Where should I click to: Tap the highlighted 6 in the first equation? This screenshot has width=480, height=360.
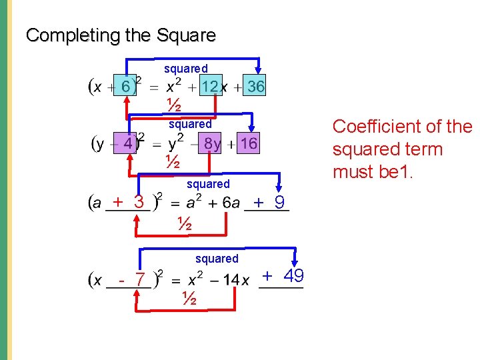[x=125, y=86]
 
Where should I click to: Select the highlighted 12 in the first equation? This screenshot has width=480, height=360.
[x=210, y=87]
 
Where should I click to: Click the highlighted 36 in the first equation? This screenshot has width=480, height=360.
[x=255, y=87]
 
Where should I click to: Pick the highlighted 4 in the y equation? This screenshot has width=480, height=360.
[x=127, y=143]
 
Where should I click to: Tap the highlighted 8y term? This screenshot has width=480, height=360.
[x=213, y=144]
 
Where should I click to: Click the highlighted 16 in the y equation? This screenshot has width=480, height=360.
[x=249, y=144]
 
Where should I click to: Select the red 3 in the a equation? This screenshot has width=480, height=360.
[x=139, y=201]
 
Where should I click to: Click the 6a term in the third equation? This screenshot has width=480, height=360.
[x=226, y=203]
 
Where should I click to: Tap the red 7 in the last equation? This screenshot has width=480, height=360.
[x=140, y=280]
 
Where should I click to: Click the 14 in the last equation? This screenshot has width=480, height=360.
[x=231, y=280]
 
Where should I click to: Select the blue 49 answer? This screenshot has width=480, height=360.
[x=294, y=275]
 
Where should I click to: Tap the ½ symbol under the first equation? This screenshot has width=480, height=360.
[x=173, y=105]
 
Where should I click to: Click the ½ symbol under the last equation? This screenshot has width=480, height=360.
[x=189, y=299]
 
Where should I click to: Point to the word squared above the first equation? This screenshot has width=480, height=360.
[x=186, y=69]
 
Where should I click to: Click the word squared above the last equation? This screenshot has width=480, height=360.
[x=217, y=258]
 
